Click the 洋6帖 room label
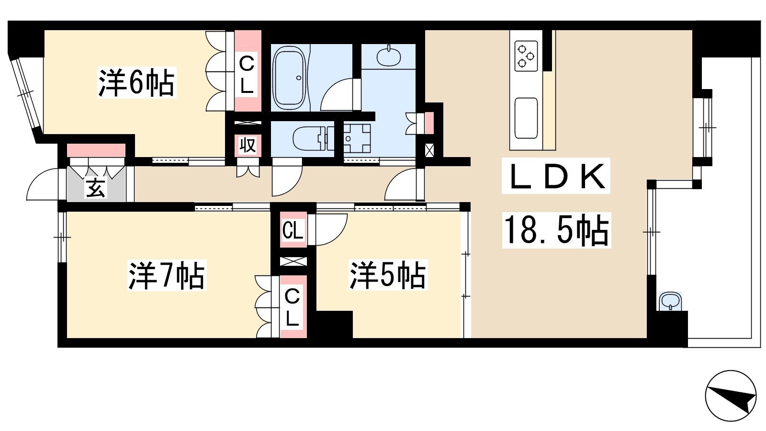click(x=137, y=82)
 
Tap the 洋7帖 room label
click(x=167, y=275)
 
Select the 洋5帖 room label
click(x=388, y=275)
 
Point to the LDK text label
click(x=556, y=176)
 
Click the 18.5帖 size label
click(x=556, y=230)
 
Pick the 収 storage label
click(x=248, y=145)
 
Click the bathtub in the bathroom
click(x=289, y=77)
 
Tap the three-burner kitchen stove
click(x=526, y=56)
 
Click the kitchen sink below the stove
click(x=526, y=118)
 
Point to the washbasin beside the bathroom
click(x=389, y=56)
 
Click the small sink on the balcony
click(x=670, y=301)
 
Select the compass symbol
click(x=731, y=396)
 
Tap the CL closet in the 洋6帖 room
click(x=248, y=71)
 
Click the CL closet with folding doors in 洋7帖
click(x=293, y=307)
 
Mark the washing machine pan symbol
click(x=357, y=138)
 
